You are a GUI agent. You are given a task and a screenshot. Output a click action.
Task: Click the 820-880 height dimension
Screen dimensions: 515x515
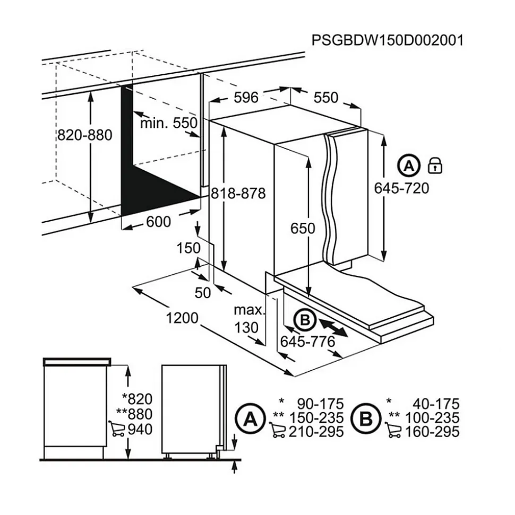[x=85, y=135]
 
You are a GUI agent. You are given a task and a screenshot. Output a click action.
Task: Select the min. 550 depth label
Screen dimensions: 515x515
[x=168, y=123]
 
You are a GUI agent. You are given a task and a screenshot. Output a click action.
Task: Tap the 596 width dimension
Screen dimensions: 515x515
[x=246, y=97]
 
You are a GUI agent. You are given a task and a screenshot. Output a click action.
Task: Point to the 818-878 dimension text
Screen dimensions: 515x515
[x=237, y=194]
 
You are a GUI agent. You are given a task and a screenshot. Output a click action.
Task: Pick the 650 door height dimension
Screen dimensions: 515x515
[x=303, y=228]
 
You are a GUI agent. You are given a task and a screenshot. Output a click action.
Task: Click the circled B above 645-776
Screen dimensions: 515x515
[x=305, y=320]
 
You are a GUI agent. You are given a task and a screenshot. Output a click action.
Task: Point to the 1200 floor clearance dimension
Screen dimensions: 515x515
[x=182, y=318]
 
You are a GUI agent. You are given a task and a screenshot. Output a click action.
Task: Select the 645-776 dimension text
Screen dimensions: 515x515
[x=308, y=342]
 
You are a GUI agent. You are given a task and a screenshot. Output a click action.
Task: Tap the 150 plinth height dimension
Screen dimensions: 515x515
[x=188, y=248]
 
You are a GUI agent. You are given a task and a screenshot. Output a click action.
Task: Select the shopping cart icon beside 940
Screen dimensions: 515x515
[x=116, y=429]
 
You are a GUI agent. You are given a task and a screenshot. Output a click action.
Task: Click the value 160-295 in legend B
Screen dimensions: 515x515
[x=432, y=432]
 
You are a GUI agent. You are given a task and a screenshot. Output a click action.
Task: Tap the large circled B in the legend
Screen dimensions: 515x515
[x=366, y=419]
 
